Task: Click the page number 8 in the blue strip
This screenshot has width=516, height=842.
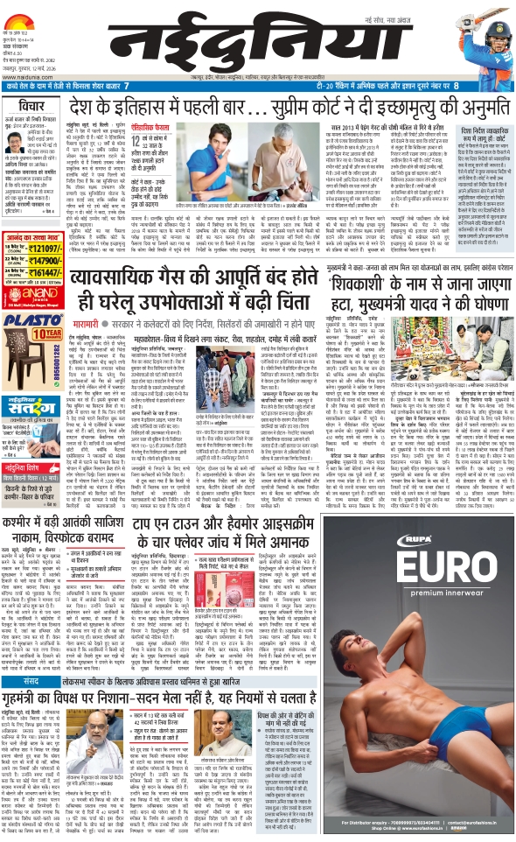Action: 505,86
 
